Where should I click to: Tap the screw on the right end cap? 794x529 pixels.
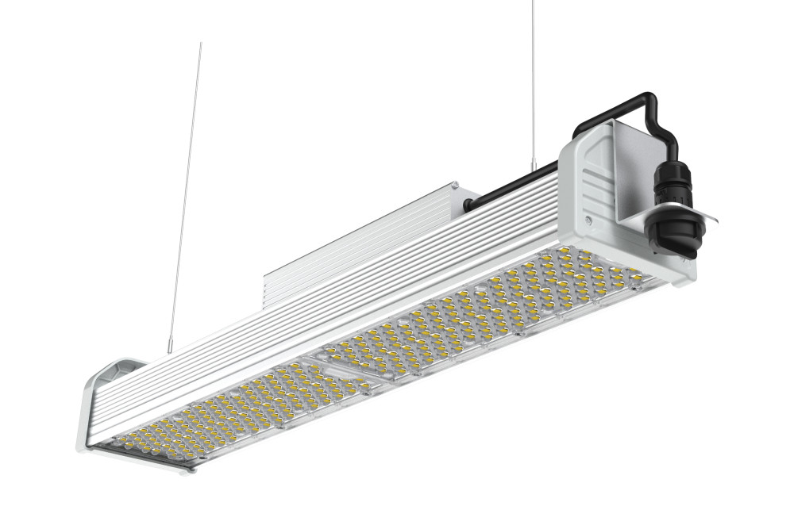coord(588,216)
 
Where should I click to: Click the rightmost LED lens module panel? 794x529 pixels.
coord(580,286)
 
